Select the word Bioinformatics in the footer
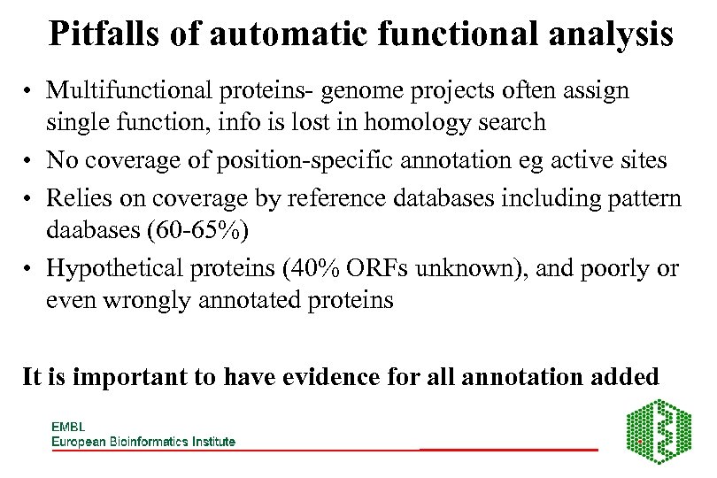pos(151,441)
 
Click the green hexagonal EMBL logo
pos(659,431)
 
